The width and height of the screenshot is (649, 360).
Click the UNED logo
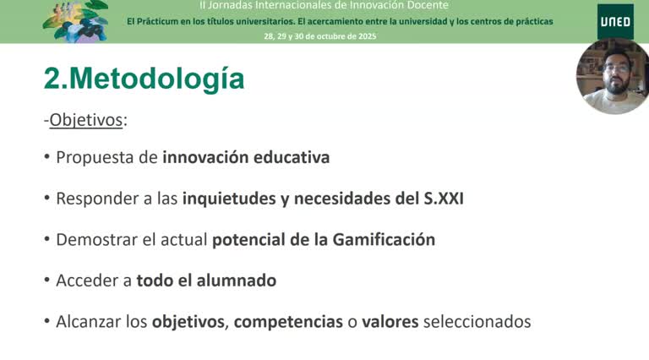[615, 21]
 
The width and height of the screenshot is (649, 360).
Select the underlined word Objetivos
[86, 120]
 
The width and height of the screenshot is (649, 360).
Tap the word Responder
[99, 199]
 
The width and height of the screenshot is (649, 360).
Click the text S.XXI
[443, 199]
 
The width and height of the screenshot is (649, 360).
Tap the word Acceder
[88, 281]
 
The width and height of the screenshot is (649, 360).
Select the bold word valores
[390, 322]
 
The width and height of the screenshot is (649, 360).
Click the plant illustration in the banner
[74, 21]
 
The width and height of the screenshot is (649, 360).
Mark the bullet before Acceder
[47, 281]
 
